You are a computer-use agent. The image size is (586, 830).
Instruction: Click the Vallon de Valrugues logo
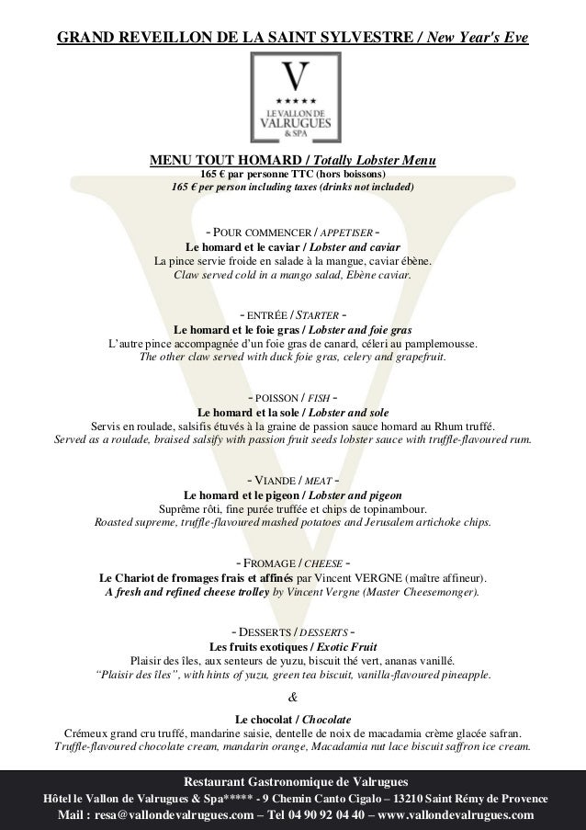pyautogui.click(x=293, y=97)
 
